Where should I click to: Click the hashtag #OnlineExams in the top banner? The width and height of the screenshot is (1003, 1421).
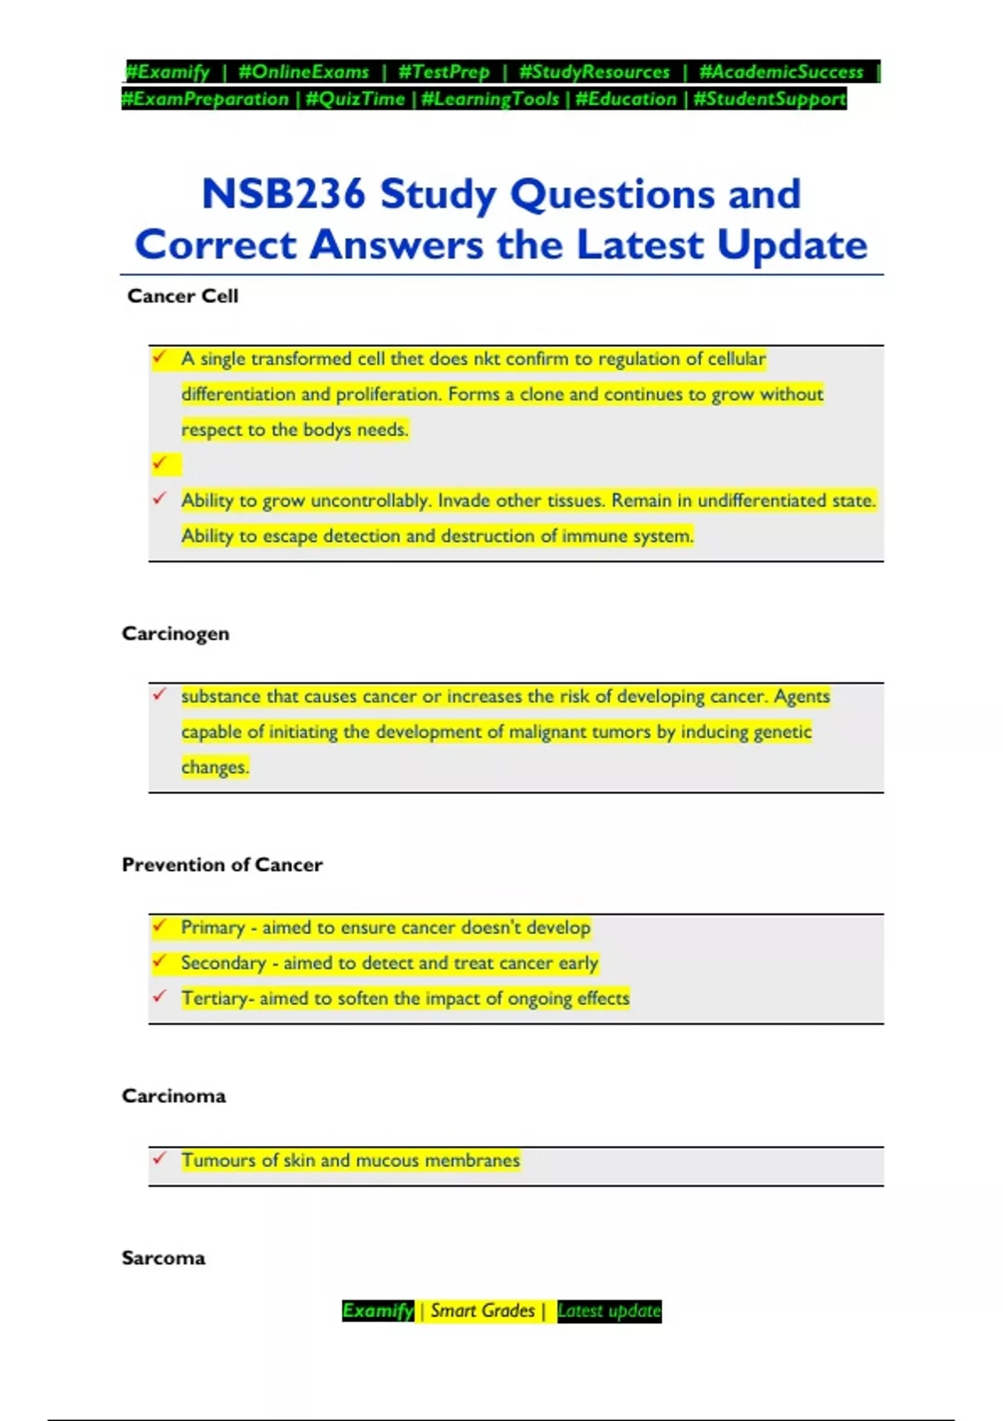point(303,72)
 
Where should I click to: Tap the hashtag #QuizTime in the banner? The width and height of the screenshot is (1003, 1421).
point(355,99)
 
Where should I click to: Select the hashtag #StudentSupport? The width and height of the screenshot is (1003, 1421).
point(770,99)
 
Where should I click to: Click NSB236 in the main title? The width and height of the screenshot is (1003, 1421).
point(283,194)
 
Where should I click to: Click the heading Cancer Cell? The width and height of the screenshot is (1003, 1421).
point(182,296)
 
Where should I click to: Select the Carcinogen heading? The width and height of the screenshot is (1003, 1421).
point(176,634)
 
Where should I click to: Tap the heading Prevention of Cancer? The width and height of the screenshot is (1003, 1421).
point(222,864)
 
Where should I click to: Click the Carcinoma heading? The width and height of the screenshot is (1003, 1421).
point(174,1096)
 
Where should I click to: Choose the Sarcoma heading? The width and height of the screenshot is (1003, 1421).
point(163,1258)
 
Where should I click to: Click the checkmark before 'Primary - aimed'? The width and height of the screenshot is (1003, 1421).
point(160,925)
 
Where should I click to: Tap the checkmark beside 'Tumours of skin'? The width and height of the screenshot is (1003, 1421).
point(160,1159)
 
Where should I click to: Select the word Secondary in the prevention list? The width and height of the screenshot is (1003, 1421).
point(223,963)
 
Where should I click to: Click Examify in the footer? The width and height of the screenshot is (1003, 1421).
point(378,1311)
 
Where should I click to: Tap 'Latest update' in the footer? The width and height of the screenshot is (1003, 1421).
point(608,1311)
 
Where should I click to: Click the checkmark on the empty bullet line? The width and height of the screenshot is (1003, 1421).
point(160,463)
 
